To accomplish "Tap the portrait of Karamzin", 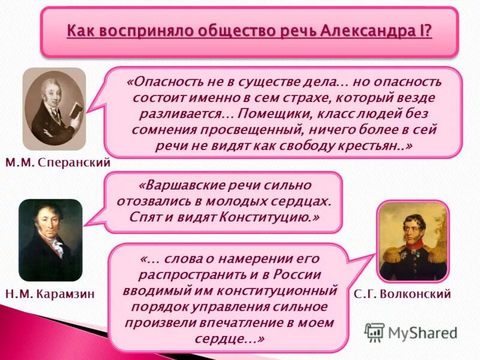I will click(50, 240).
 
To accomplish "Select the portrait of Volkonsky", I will click(412, 241).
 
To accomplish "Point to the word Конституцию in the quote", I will click(269, 217).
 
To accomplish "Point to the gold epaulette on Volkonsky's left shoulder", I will click(436, 255).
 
